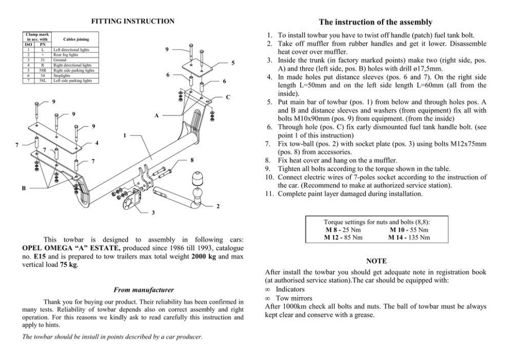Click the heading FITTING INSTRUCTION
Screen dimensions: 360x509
click(132, 21)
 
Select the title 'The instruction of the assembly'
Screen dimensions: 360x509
click(375, 22)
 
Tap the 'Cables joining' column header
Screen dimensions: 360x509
click(75, 39)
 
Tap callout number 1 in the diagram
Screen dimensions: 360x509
click(125, 136)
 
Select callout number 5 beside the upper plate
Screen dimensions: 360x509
click(232, 63)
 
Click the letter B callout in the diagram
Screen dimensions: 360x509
click(24, 188)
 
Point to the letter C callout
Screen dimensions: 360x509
click(228, 97)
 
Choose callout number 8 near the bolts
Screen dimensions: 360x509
click(191, 160)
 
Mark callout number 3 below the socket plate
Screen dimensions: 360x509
click(152, 213)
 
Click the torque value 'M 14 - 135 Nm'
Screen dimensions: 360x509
click(408, 237)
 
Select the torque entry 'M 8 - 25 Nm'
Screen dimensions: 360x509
click(343, 230)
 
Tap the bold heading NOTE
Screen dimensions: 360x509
click(377, 261)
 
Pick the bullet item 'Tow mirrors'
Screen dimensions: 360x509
click(293, 298)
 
